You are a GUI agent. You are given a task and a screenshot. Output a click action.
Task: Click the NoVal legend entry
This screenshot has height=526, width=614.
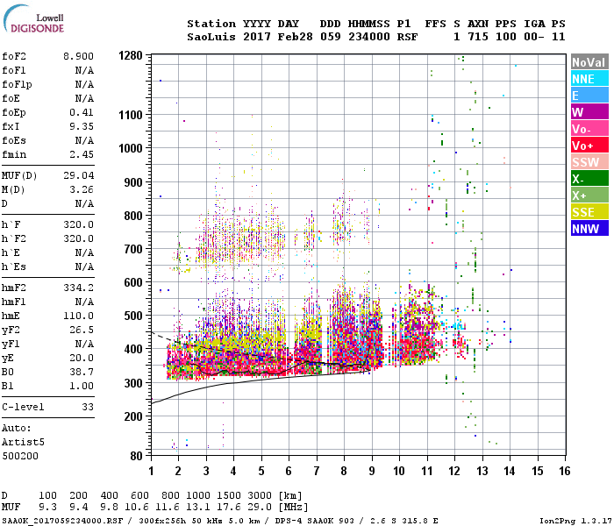click(x=589, y=62)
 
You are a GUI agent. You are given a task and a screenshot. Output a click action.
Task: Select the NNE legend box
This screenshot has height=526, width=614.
click(x=589, y=79)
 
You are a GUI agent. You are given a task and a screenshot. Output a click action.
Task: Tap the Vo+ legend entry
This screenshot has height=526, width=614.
click(x=589, y=146)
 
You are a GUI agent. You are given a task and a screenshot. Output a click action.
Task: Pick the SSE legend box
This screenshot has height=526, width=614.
click(x=589, y=212)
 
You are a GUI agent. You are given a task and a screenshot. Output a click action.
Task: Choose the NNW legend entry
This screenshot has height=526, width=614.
click(x=589, y=229)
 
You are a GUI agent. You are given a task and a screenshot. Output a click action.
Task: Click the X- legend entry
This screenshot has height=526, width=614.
click(x=589, y=179)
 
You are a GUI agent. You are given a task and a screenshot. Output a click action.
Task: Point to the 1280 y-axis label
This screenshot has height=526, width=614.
click(x=130, y=55)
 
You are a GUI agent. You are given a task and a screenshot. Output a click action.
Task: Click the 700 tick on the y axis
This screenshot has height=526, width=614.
click(x=133, y=249)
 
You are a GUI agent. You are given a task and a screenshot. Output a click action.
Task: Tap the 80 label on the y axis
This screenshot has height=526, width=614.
click(x=137, y=456)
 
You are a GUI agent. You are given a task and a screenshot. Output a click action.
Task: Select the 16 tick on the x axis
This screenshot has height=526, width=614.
click(x=563, y=472)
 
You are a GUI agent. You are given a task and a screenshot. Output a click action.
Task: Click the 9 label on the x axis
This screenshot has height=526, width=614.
click(x=371, y=472)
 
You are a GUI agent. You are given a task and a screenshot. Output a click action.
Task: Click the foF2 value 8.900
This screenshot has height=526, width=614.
click(x=78, y=55)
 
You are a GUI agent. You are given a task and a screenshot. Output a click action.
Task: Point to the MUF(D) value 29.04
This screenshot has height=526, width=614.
click(x=78, y=175)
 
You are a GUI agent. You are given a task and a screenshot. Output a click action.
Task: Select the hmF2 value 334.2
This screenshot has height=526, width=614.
click(x=78, y=287)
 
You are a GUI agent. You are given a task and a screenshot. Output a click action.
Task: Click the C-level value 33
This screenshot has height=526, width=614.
click(x=88, y=407)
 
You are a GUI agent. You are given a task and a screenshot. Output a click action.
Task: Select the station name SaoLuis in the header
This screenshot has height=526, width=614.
click(x=210, y=37)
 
